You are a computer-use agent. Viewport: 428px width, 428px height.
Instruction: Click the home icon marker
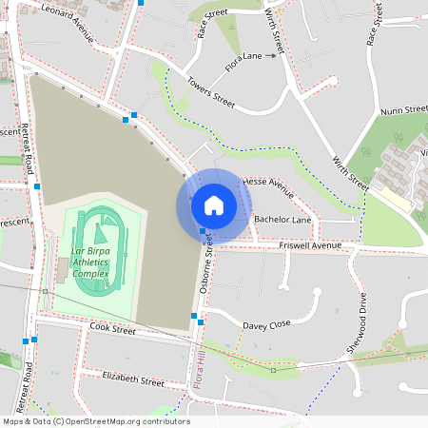(214, 204)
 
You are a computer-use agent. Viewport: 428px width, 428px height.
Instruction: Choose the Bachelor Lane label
(282, 220)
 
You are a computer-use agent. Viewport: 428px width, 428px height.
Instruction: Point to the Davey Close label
(265, 324)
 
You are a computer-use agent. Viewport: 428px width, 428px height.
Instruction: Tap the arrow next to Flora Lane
(270, 56)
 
